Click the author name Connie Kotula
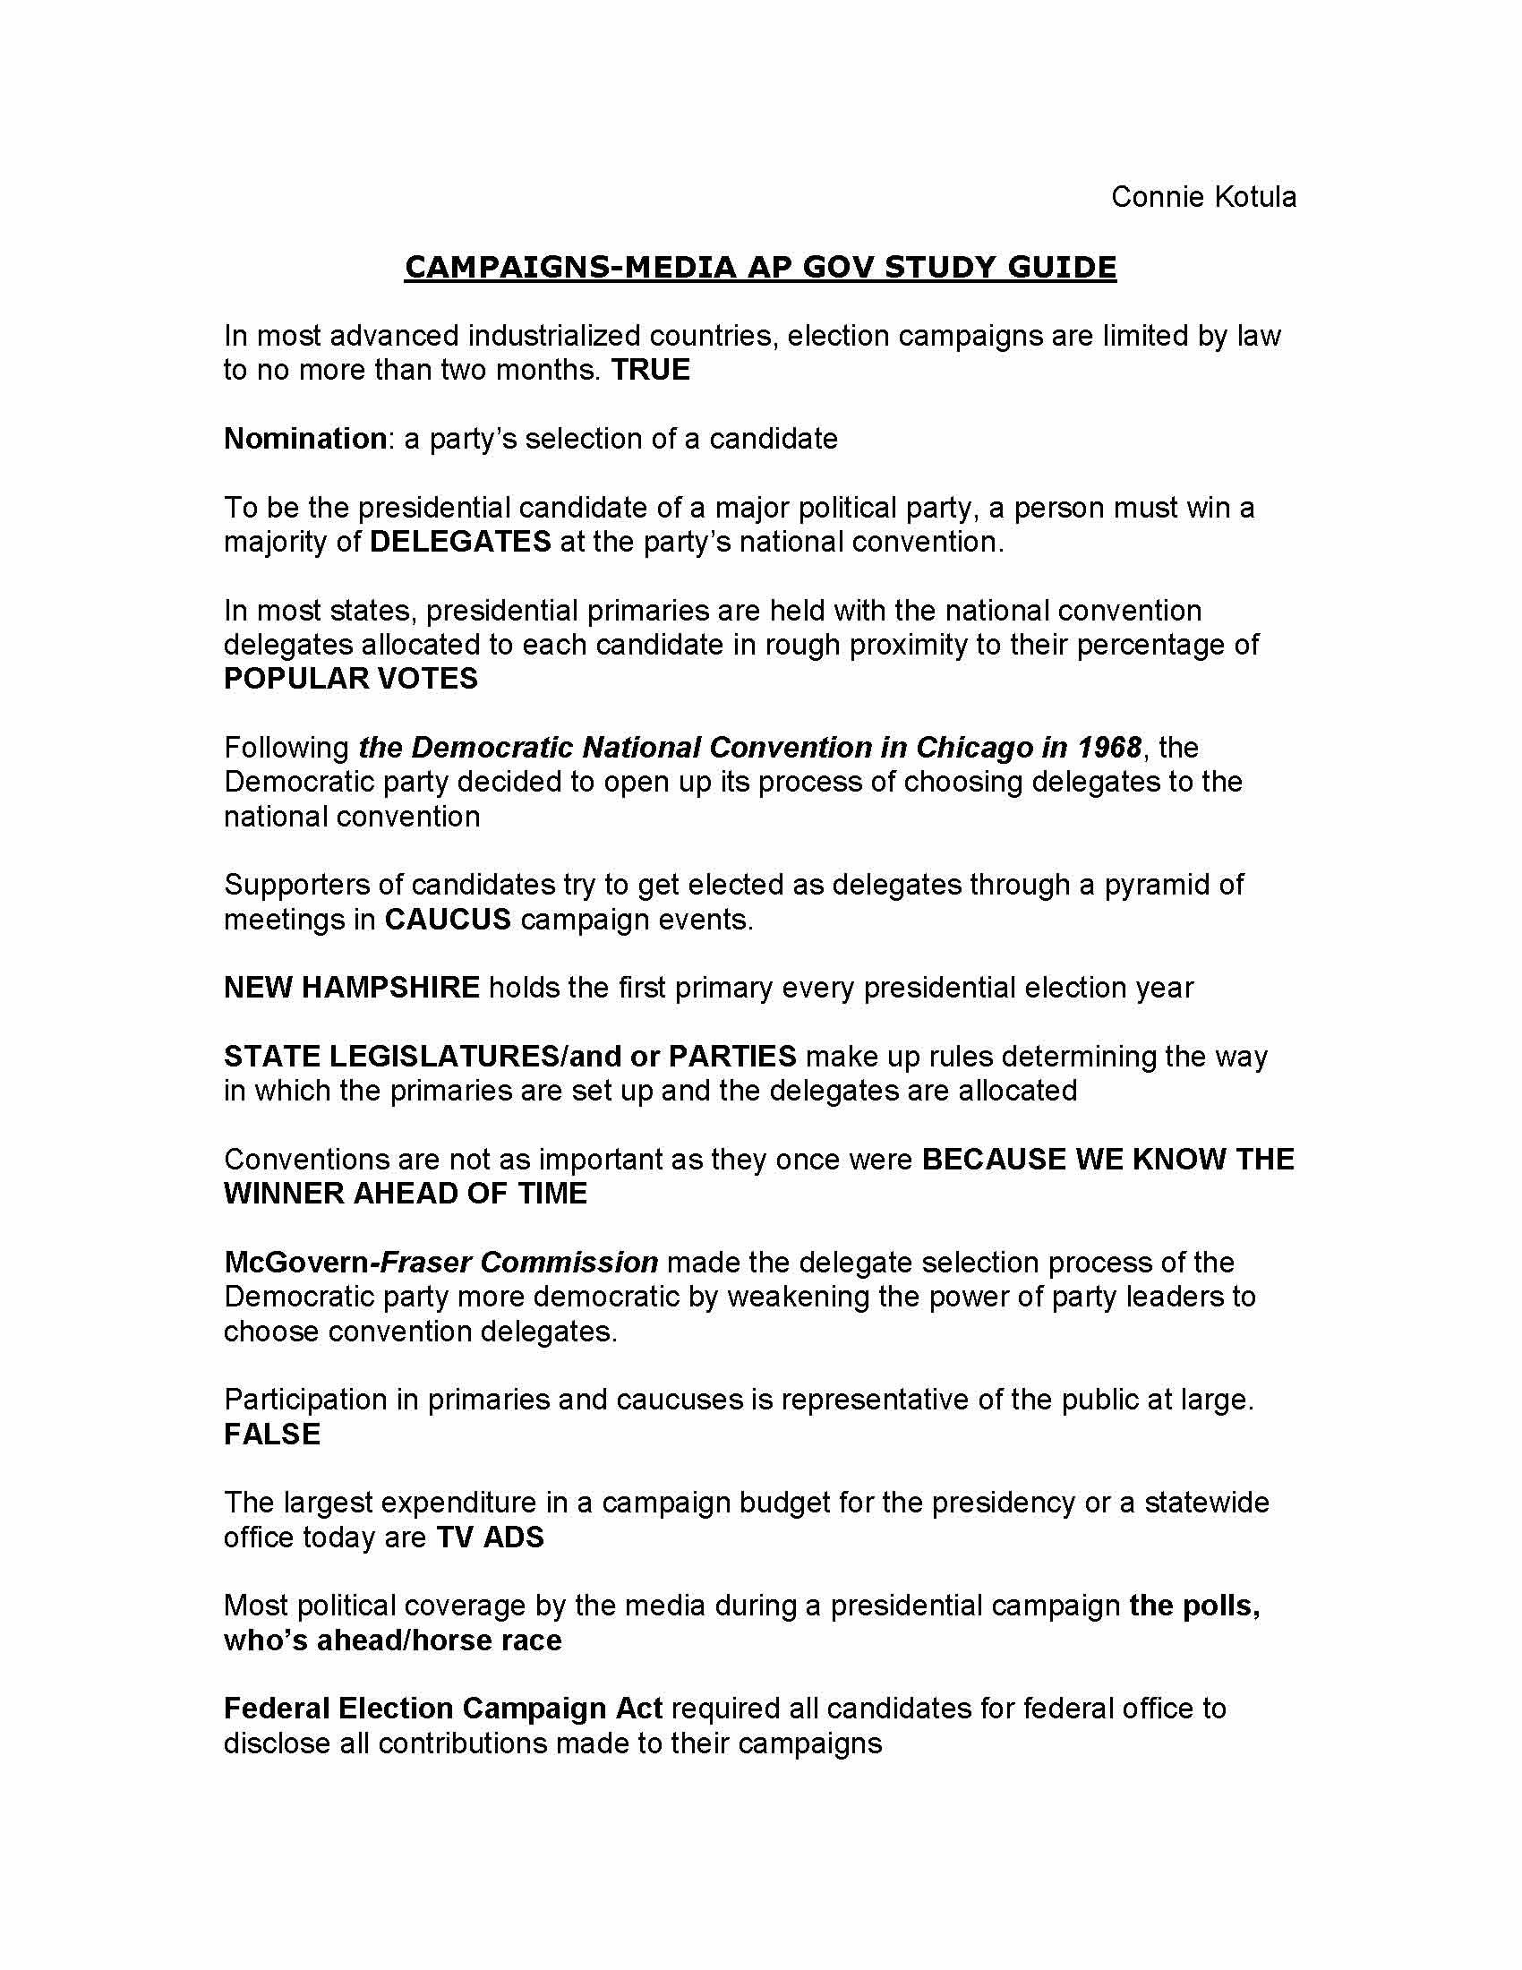(x=1202, y=197)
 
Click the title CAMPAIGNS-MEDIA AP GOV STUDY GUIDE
(x=760, y=267)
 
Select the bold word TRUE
(x=650, y=370)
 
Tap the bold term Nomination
(x=304, y=440)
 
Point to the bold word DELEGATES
(x=461, y=542)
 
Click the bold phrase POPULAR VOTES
(x=351, y=680)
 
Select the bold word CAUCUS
(x=449, y=920)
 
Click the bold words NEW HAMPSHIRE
(x=352, y=988)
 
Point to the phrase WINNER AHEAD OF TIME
(x=405, y=1194)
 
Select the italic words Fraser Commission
(x=519, y=1263)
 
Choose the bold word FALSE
(x=271, y=1435)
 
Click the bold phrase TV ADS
(x=491, y=1537)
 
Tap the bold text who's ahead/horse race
(x=392, y=1640)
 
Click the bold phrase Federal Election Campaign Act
(x=442, y=1709)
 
